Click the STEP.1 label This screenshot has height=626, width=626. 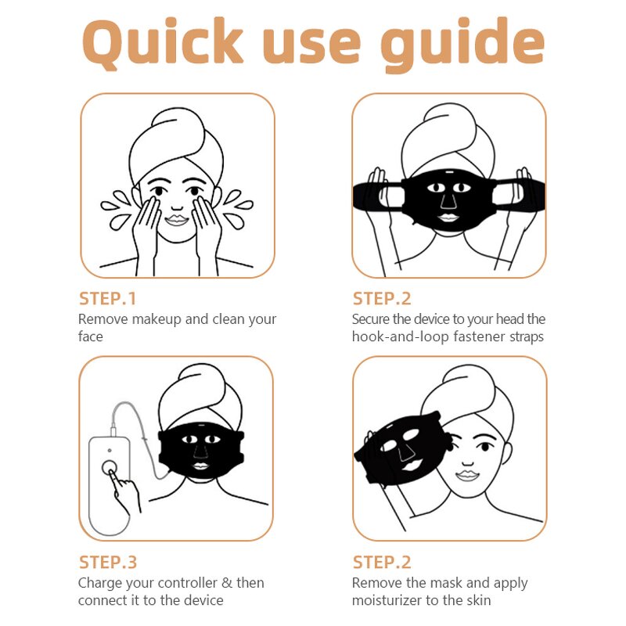click(x=108, y=298)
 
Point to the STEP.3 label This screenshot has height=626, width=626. click(x=108, y=562)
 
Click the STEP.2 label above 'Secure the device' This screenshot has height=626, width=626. click(x=382, y=298)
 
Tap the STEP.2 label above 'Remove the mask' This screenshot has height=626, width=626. click(x=382, y=562)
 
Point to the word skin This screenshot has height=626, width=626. click(x=478, y=600)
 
